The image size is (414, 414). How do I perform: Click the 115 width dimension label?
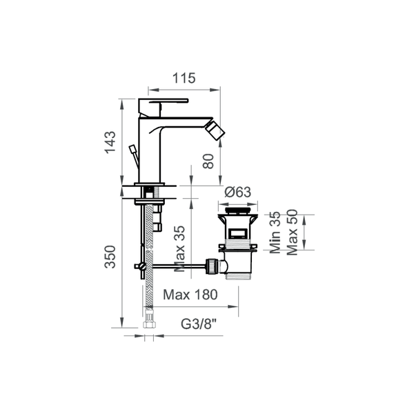click(184, 78)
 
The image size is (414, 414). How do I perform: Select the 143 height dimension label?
click(110, 142)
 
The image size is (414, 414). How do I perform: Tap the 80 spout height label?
click(208, 161)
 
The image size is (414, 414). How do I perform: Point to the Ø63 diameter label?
click(237, 192)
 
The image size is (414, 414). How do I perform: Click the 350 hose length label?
click(110, 257)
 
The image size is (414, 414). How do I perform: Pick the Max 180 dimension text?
click(190, 295)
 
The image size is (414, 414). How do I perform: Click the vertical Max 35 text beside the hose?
click(179, 248)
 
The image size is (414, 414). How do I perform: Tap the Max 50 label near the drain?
click(292, 233)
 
